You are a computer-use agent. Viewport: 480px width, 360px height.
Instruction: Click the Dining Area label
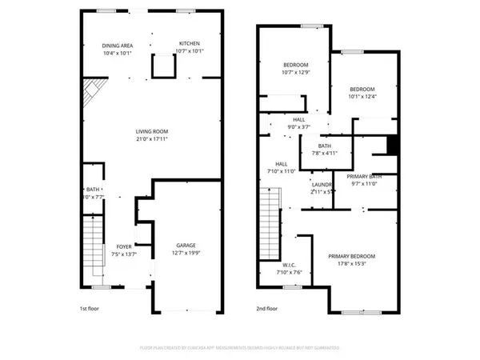tap(118, 46)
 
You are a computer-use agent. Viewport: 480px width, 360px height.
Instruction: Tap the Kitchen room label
tap(190, 43)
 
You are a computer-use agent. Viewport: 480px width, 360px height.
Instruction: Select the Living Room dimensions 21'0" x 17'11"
tap(150, 140)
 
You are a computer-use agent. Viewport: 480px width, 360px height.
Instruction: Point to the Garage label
tap(186, 245)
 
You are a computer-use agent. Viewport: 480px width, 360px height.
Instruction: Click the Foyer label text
tap(124, 246)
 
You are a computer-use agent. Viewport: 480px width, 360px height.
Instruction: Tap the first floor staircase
tap(94, 248)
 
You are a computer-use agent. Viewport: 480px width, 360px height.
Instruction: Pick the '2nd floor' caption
tap(267, 308)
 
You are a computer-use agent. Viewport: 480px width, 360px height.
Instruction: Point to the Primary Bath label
tap(364, 176)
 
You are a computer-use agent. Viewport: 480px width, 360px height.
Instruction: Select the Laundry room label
tap(322, 184)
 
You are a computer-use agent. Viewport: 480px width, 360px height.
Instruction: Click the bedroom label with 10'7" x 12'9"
tap(295, 65)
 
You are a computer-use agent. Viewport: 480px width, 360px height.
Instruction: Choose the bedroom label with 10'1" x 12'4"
tap(362, 89)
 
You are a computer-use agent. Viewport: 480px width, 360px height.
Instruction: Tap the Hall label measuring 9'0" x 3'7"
tap(298, 119)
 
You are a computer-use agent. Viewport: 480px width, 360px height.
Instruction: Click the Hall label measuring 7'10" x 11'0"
tap(281, 164)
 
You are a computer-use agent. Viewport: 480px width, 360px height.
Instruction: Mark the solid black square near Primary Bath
tap(392, 145)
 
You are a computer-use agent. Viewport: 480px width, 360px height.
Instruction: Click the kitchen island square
tap(162, 70)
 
